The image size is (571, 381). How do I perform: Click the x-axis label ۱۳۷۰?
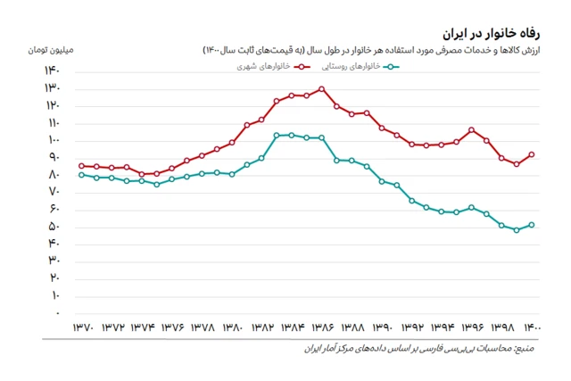pos(81,327)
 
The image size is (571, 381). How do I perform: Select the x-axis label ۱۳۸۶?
pos(322,327)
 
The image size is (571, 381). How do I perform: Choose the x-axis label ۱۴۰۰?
pos(532,327)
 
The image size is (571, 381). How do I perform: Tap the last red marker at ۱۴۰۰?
pos(532,154)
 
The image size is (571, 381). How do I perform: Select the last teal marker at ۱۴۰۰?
pos(532,225)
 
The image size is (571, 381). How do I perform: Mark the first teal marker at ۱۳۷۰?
pos(81,175)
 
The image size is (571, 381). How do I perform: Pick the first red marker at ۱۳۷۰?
pos(81,166)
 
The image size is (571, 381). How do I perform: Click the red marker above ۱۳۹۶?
pos(472,130)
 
